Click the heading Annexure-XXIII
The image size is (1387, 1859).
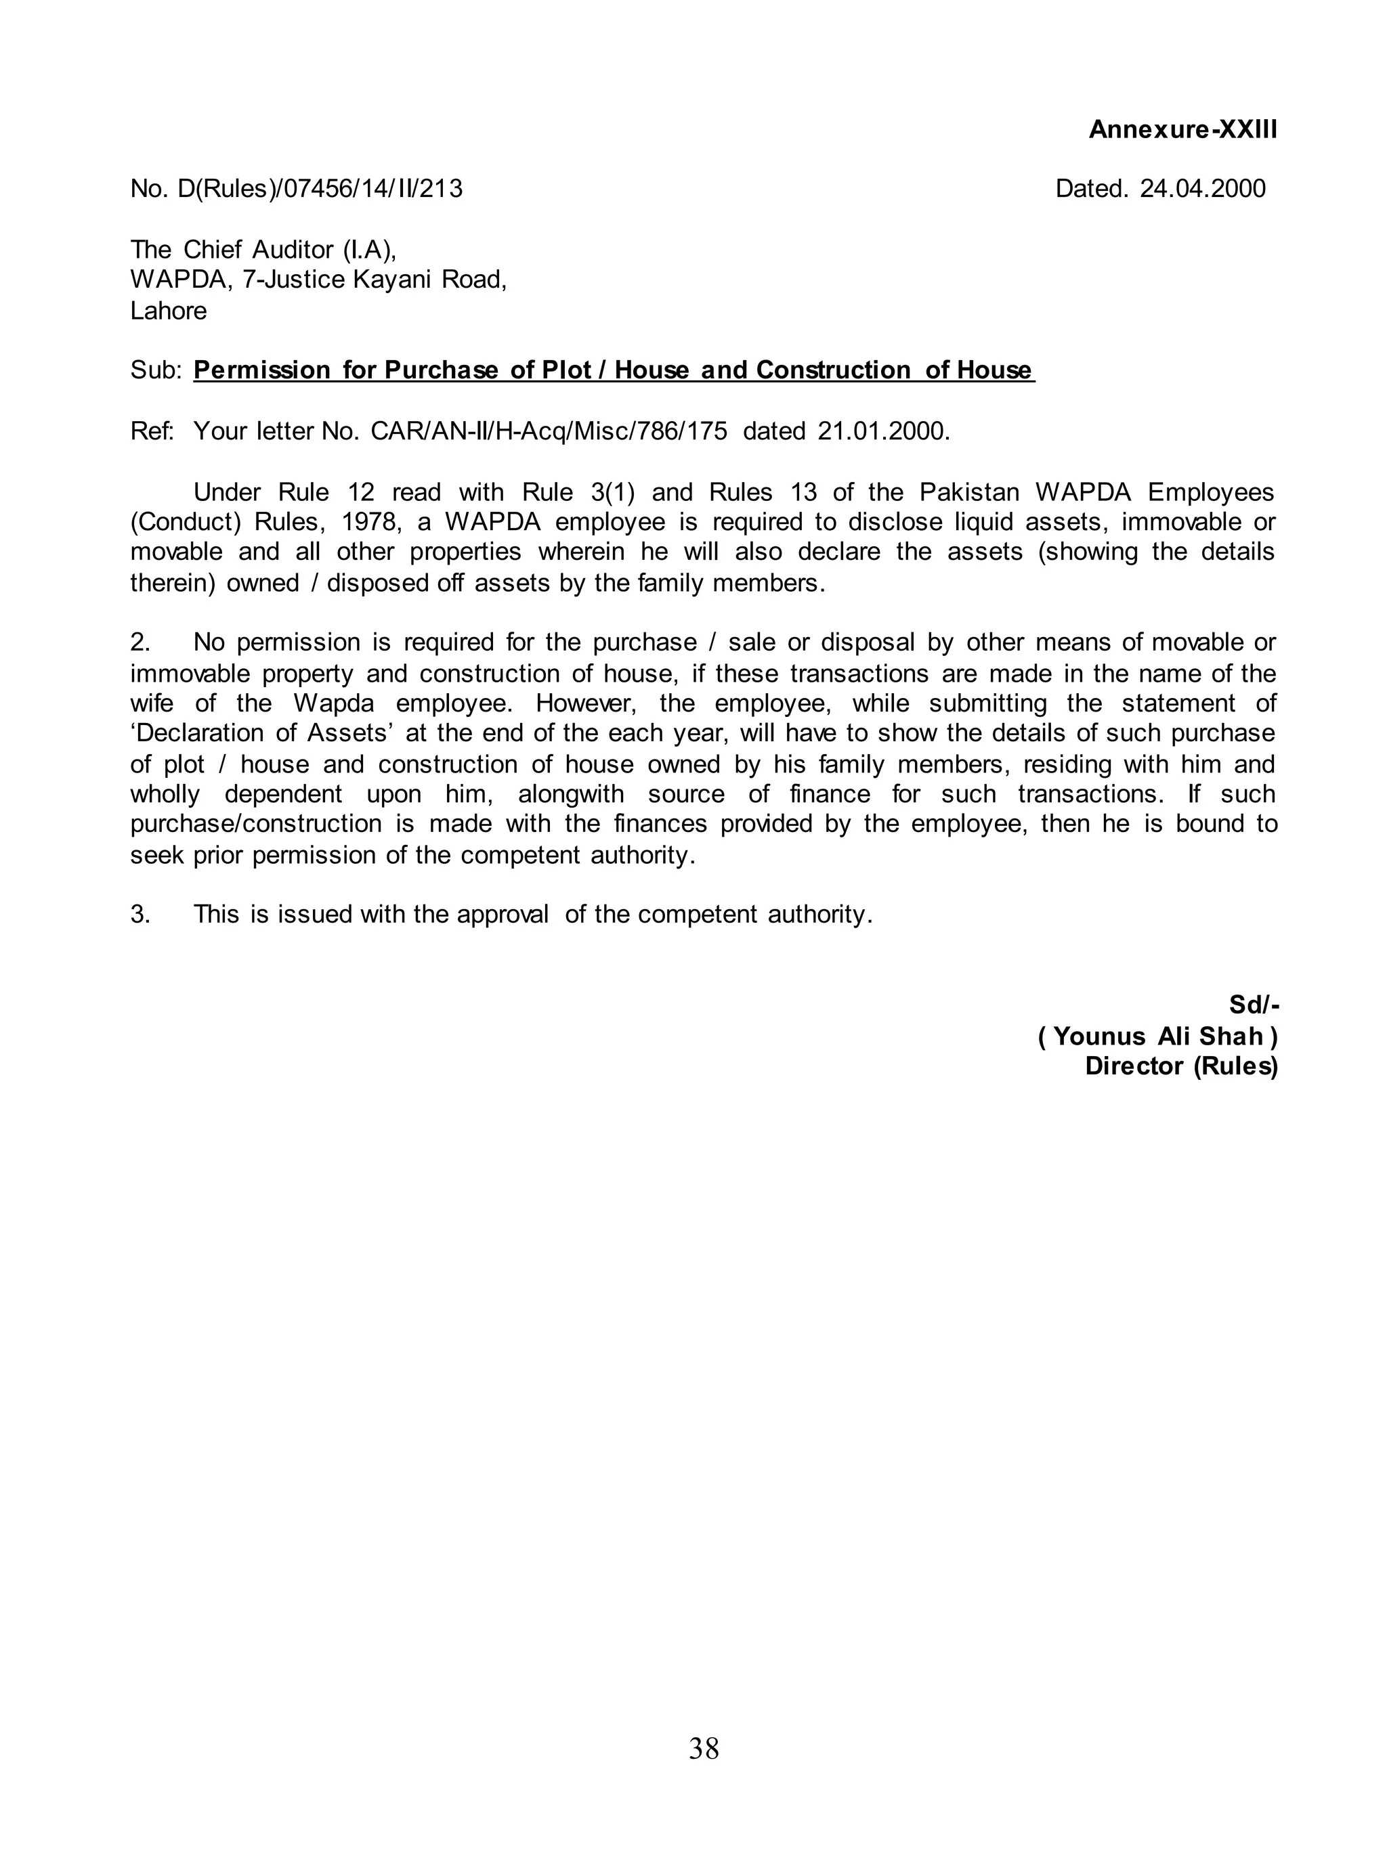coord(1182,129)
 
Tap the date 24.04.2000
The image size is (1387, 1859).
coord(1201,188)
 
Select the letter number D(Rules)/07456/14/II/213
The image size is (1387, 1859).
coord(319,188)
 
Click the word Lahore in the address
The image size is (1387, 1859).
coord(168,311)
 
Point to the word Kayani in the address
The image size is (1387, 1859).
coord(391,280)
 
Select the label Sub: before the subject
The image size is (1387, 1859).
coord(155,370)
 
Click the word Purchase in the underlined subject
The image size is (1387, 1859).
coord(441,370)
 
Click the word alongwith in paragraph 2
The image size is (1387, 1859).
coord(571,793)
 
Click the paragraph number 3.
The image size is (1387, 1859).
coord(140,914)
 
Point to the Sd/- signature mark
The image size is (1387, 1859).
coord(1253,1004)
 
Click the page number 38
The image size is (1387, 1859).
coord(704,1748)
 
